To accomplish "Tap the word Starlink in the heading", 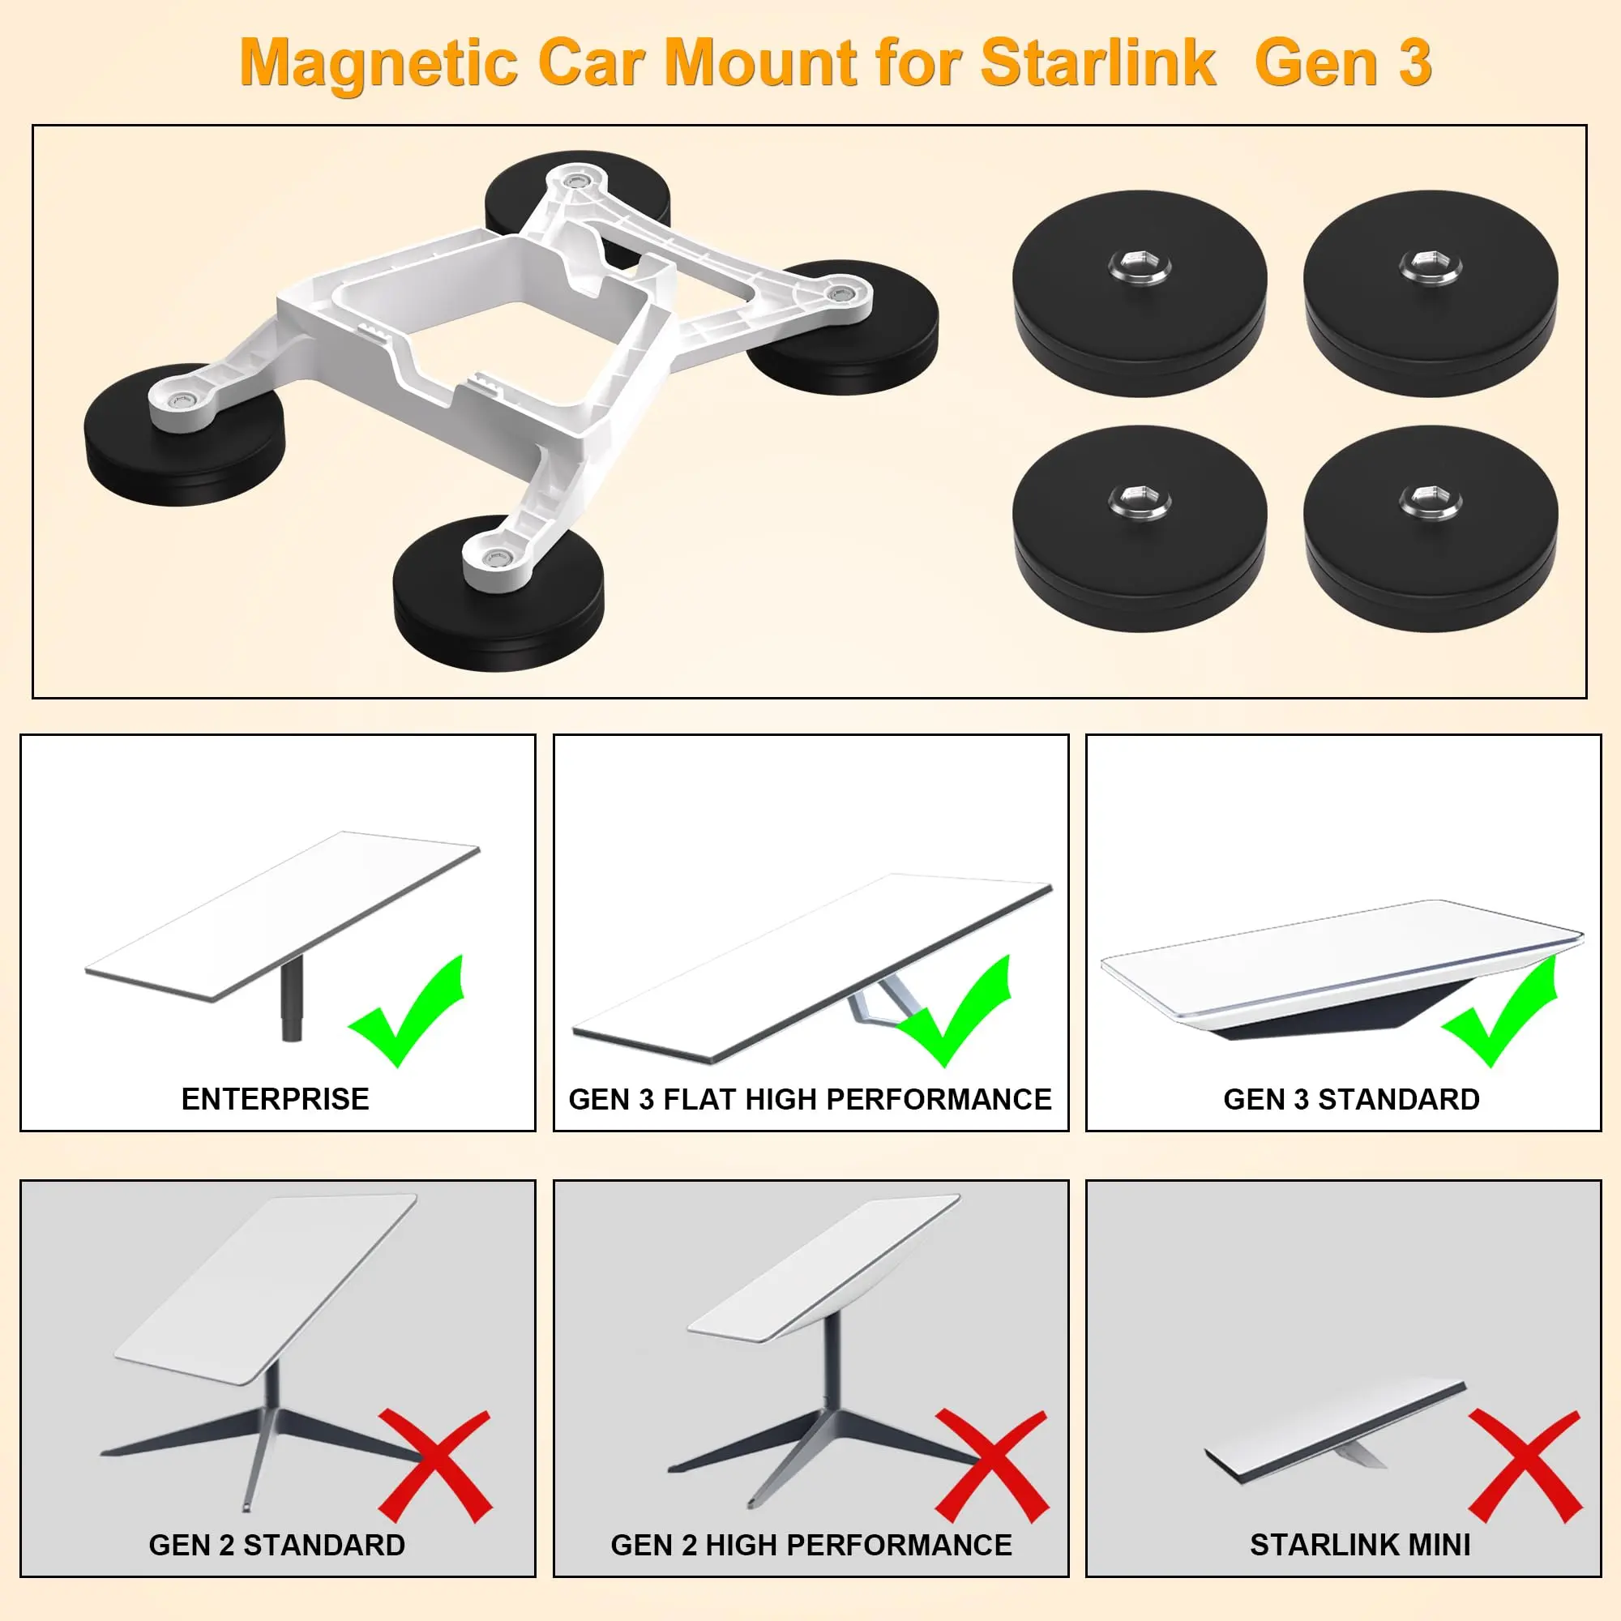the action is (1098, 62).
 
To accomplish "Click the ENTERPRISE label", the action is (276, 1099).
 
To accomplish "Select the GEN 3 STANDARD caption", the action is (1352, 1099).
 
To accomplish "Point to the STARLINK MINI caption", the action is (1360, 1545).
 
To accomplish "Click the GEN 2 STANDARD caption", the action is (277, 1545).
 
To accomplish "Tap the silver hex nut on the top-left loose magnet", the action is (1139, 267).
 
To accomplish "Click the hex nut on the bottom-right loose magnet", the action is (1431, 501).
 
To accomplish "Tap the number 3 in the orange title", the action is (1414, 63).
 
